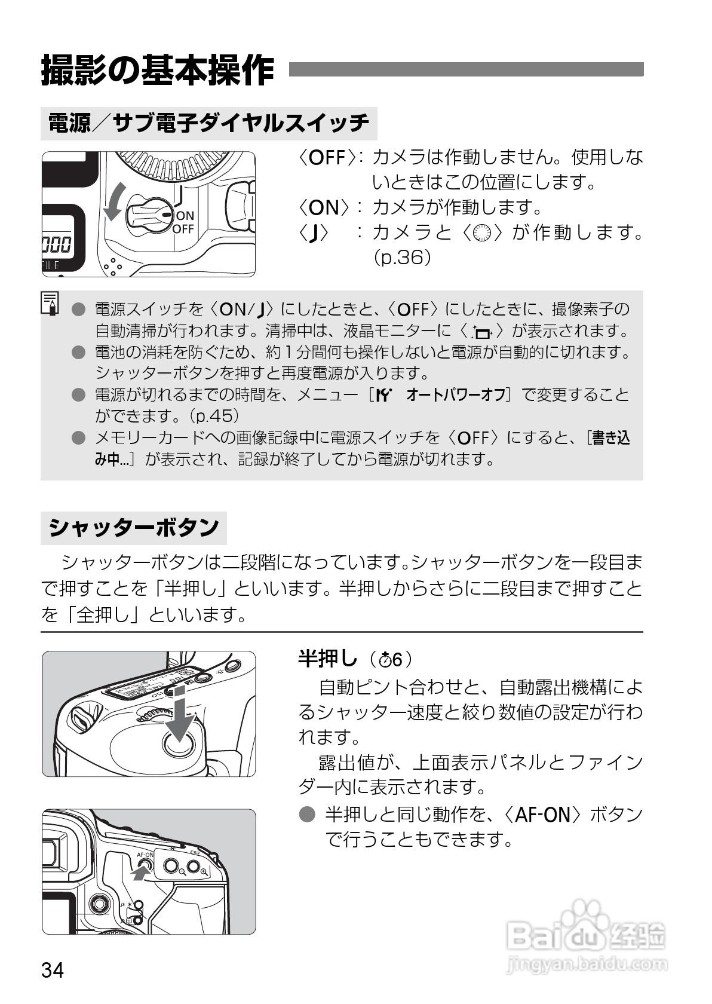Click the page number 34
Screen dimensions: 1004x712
(53, 969)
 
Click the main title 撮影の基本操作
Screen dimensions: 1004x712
(158, 71)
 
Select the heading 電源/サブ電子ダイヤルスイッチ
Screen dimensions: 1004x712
(208, 123)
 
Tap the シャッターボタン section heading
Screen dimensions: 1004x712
(134, 528)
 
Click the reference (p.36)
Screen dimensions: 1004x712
(401, 258)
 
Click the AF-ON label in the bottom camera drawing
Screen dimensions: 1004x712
(145, 855)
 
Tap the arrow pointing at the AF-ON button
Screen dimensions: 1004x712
(139, 874)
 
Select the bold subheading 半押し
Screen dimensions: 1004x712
(327, 659)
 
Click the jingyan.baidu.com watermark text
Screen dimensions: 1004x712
(585, 963)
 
